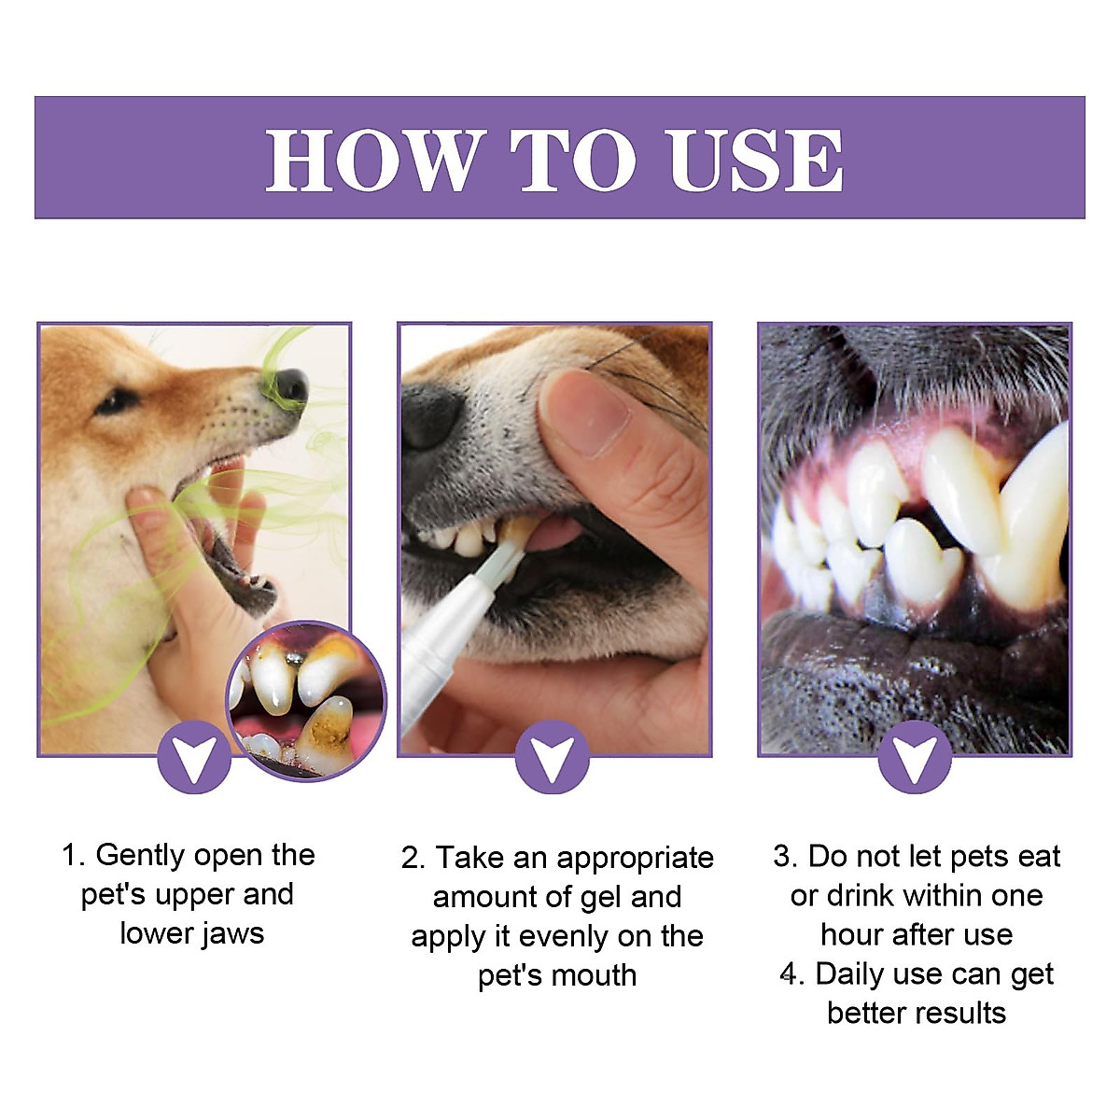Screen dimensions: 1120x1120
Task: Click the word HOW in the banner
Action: coord(374,161)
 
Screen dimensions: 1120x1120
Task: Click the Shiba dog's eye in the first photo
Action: coord(116,401)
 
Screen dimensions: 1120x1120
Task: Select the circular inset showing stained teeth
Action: coord(307,701)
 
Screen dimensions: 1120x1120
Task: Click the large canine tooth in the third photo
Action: coord(1031,523)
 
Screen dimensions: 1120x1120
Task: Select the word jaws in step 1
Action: coord(232,933)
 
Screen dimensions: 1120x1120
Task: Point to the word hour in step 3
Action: coord(851,934)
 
